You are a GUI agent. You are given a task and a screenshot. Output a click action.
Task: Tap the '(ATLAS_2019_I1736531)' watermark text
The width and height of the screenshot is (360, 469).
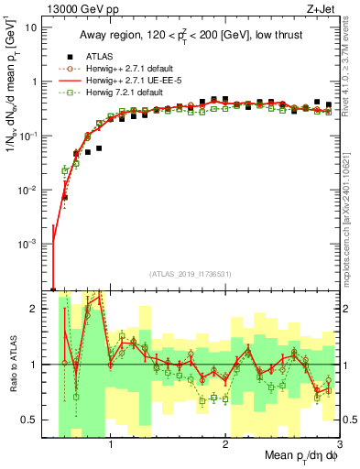click(x=191, y=273)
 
